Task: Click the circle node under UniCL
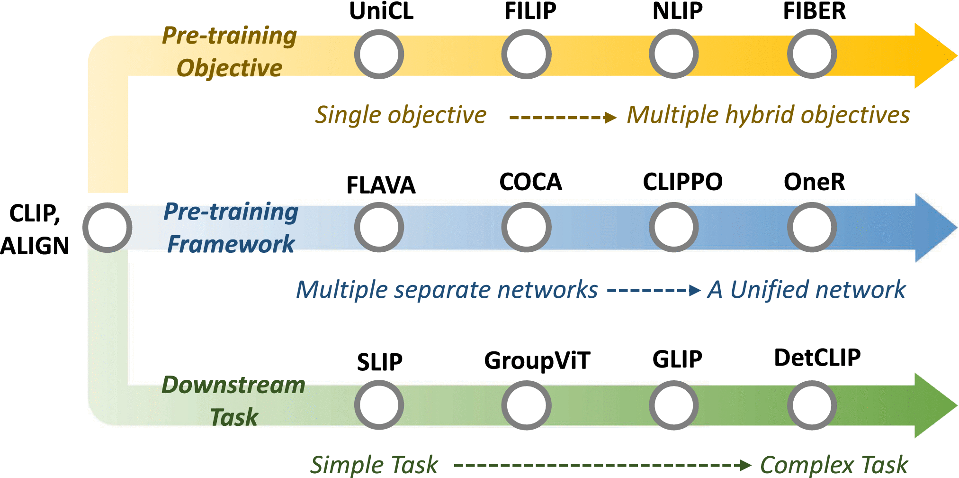click(x=379, y=54)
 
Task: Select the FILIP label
click(x=530, y=11)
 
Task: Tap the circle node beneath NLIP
click(x=673, y=54)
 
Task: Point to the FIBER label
click(x=815, y=11)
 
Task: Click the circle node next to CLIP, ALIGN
click(x=108, y=228)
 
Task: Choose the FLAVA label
click(x=381, y=185)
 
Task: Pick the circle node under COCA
click(x=526, y=227)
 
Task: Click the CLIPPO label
click(x=682, y=182)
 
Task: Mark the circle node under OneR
click(x=812, y=227)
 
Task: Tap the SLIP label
click(x=380, y=362)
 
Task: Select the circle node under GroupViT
click(x=526, y=405)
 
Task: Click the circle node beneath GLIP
click(x=673, y=405)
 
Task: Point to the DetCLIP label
click(x=817, y=358)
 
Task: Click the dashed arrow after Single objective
click(x=563, y=117)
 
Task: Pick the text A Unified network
click(x=807, y=290)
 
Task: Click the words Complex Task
click(x=834, y=465)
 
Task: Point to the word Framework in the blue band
click(x=231, y=245)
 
